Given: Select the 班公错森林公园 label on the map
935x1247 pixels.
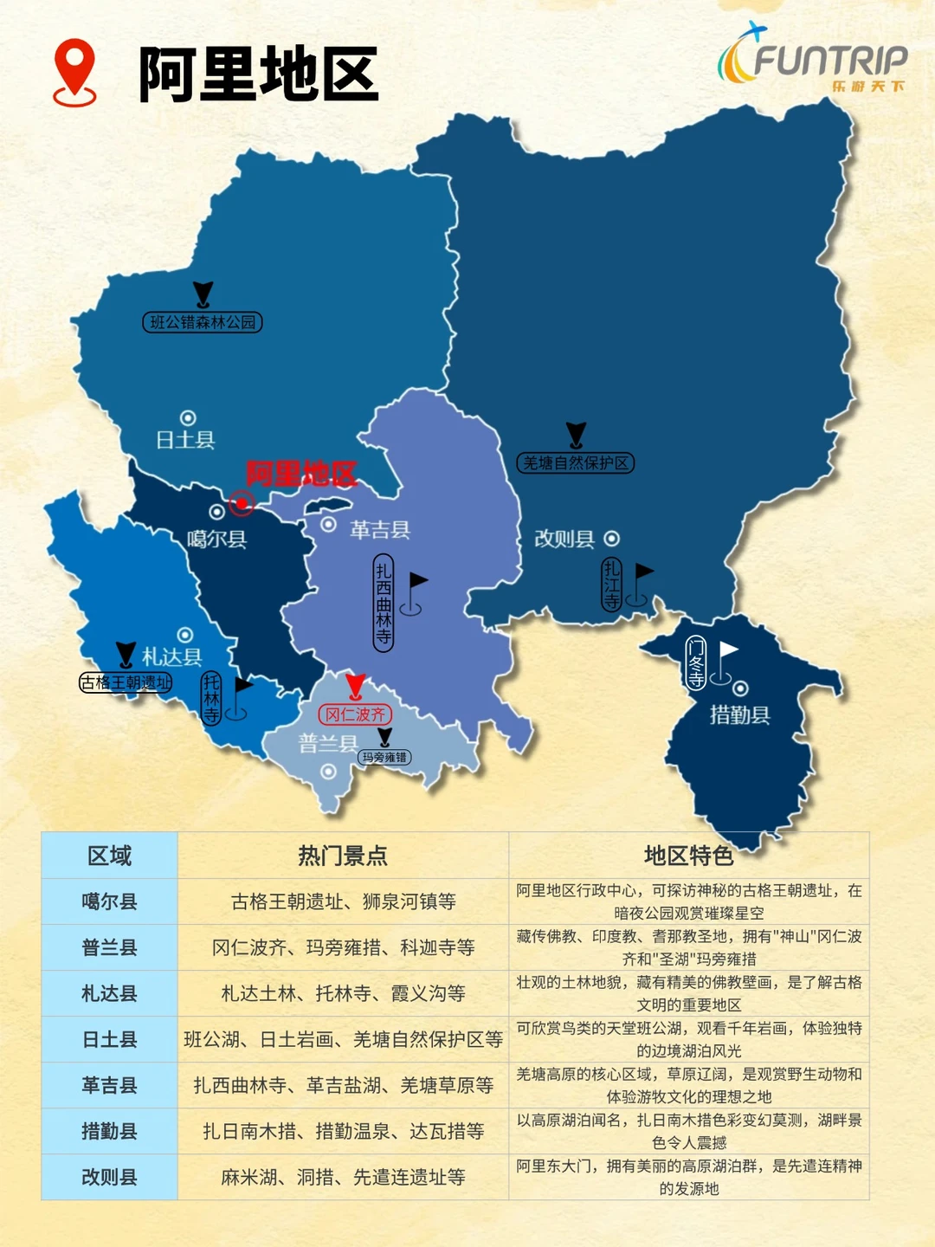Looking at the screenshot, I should (x=203, y=322).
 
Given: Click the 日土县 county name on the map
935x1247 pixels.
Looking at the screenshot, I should (x=185, y=440).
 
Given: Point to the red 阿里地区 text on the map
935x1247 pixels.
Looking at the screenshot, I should (x=300, y=474).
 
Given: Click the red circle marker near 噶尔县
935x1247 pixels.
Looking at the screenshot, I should (x=242, y=502).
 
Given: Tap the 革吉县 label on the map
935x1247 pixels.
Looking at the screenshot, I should (x=379, y=530).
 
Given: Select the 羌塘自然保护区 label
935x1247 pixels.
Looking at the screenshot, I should (x=576, y=463).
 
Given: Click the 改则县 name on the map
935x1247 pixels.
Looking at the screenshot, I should (x=564, y=539).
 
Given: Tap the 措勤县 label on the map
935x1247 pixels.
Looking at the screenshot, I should (x=739, y=714).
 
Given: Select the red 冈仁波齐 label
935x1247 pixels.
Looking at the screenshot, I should (x=356, y=714).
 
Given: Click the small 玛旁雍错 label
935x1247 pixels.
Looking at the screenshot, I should (x=384, y=757).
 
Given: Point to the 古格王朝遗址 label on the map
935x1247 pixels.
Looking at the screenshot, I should (x=126, y=683).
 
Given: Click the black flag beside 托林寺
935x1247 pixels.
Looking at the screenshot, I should (x=242, y=686).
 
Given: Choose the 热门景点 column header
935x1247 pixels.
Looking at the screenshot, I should (x=343, y=856).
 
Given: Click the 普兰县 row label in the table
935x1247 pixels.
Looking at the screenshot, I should (x=109, y=947).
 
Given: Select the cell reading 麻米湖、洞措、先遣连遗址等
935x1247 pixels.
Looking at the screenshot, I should (x=343, y=1177).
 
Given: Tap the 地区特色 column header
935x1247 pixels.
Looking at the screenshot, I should (x=688, y=856).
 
